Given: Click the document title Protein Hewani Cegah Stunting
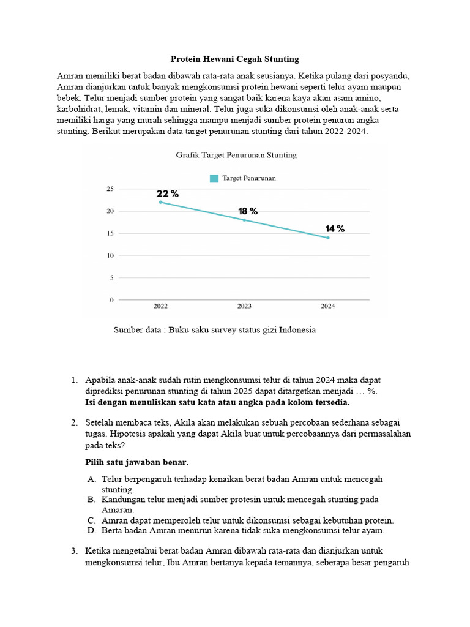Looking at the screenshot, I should point(234,59).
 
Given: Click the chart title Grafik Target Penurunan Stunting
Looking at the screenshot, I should point(236,156).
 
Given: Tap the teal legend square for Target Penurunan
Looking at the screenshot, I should point(214,178).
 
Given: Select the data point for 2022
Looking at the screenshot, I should point(160,202).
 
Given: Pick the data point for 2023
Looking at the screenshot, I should point(244,220).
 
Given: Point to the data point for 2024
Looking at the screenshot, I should point(328,238).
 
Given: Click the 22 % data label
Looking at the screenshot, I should point(168,193).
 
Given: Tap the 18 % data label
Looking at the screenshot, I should point(248,211).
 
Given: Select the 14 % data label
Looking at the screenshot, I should point(335,229).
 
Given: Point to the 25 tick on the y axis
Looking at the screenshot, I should point(110,189).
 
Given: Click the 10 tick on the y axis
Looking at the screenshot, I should point(110,256).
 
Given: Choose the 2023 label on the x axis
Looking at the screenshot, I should point(244,306).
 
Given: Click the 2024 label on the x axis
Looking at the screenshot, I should point(328,306).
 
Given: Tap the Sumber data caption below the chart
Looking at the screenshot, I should point(215,330).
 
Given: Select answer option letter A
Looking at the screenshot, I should point(91,479).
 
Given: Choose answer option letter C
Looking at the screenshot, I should point(91,520).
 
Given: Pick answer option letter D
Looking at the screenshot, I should point(91,530).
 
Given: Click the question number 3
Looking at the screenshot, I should point(74,551).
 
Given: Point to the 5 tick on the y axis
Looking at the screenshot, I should point(111,278).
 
